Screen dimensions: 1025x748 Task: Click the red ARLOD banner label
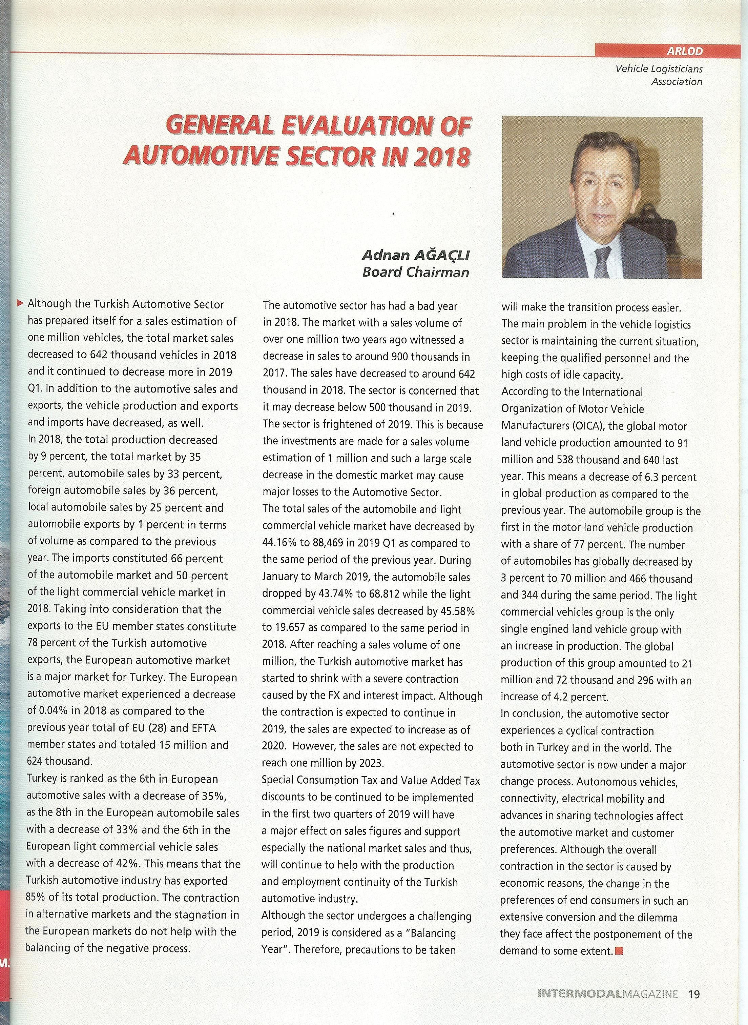pos(685,51)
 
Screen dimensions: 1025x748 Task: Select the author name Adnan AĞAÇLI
pos(416,256)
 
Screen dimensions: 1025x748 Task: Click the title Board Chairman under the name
pos(416,272)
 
